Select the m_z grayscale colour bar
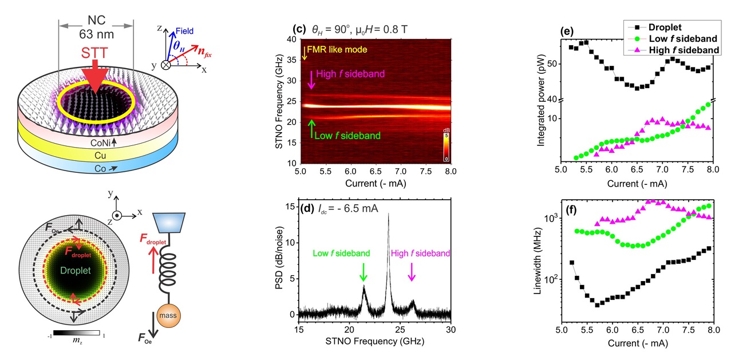click(x=77, y=333)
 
